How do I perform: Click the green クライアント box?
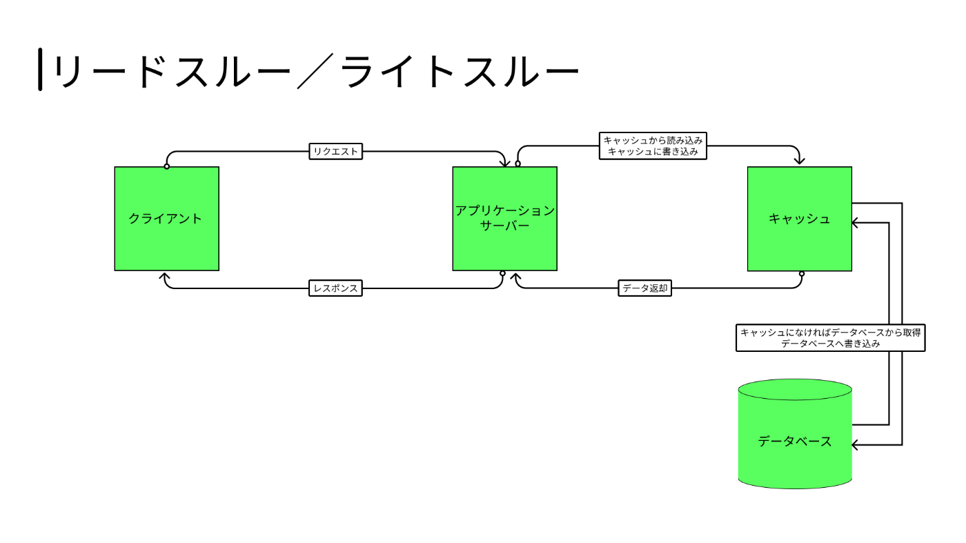166,218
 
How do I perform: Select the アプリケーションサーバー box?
504,218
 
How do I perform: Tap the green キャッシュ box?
799,218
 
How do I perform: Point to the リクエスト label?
335,151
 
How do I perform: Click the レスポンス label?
335,288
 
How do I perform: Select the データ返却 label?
644,288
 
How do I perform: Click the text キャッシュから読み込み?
653,140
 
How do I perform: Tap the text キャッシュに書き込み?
653,151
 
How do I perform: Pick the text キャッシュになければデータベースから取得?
830,333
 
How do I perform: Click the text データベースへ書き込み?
830,344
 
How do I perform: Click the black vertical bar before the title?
40,70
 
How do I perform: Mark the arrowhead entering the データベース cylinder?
856,445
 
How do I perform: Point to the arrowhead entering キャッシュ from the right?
856,223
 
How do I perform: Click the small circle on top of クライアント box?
167,166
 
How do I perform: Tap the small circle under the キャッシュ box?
802,274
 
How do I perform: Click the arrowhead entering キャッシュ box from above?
799,161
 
